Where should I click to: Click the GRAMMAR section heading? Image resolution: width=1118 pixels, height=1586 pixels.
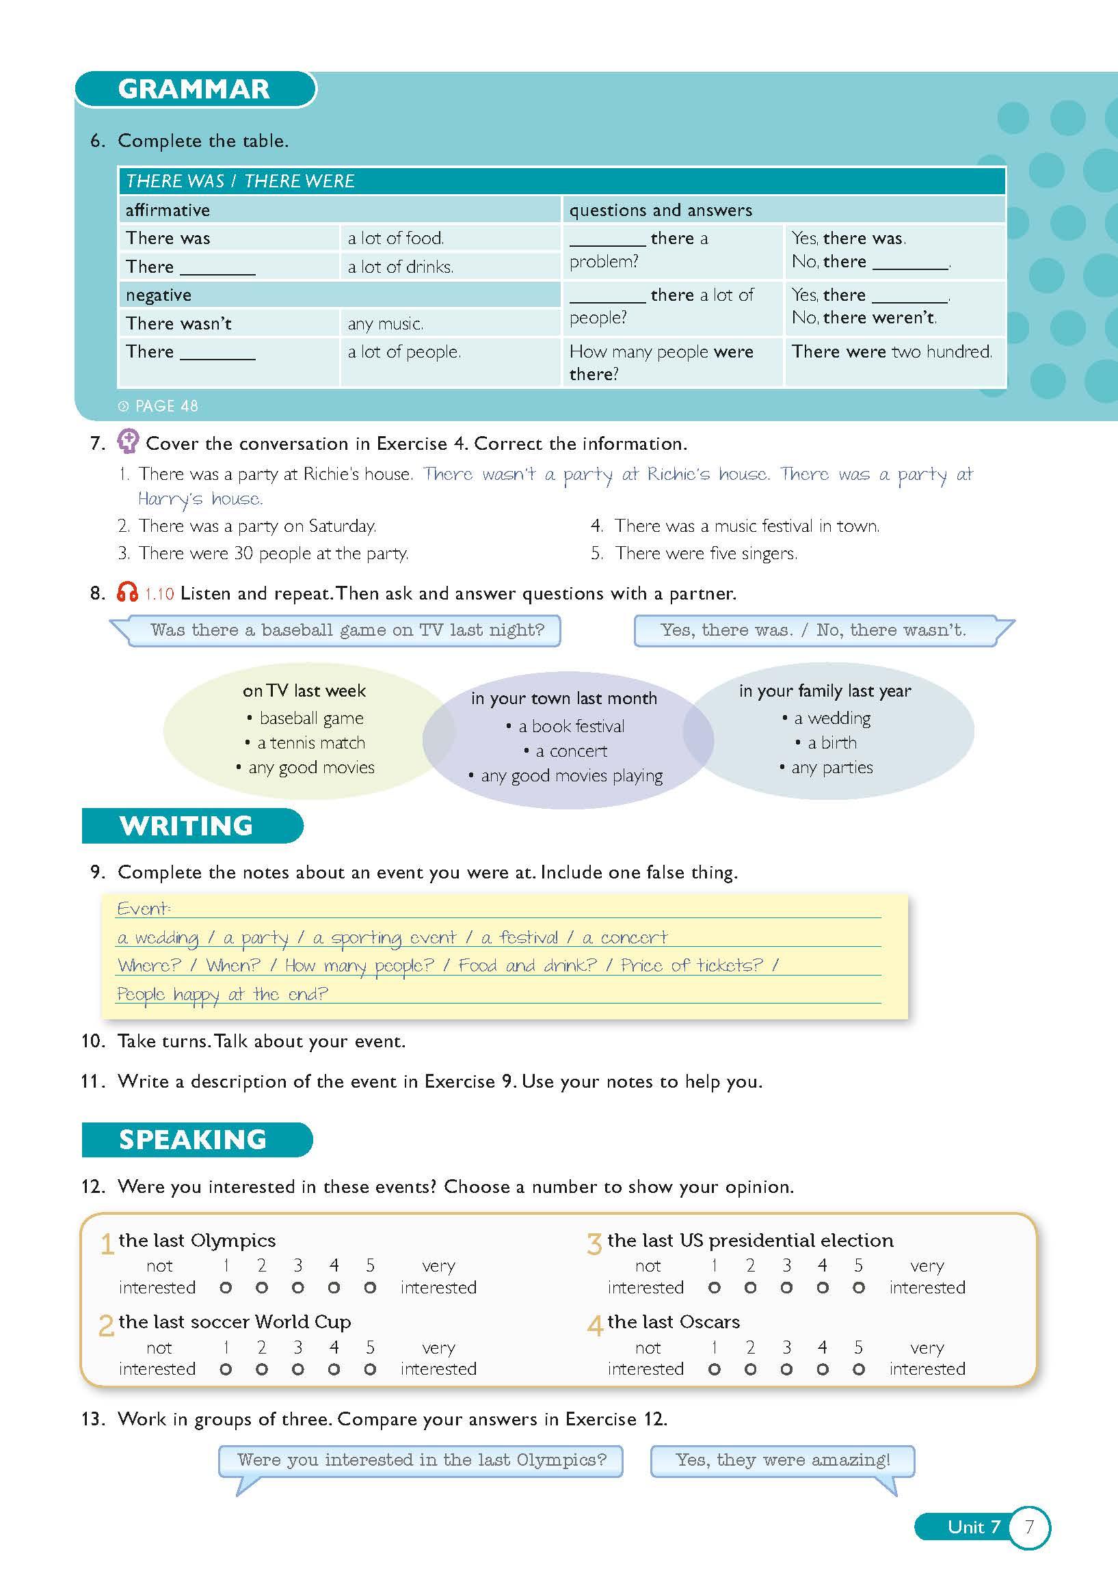tap(194, 89)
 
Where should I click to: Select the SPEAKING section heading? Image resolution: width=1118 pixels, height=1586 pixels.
tap(193, 1139)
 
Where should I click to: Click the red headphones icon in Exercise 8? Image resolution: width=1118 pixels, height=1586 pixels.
tap(127, 593)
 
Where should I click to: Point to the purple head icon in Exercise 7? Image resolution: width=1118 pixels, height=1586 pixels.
tap(129, 442)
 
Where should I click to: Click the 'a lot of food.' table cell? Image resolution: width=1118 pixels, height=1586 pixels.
tap(396, 239)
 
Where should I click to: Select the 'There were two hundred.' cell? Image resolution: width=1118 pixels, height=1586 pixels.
tap(892, 351)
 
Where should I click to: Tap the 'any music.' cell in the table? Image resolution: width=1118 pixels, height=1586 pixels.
tap(385, 323)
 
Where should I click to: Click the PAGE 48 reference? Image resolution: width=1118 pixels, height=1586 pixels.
tap(159, 406)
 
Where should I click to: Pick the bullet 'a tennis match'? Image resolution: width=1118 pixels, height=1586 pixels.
tap(311, 742)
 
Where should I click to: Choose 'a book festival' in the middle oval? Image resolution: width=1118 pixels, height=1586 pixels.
tap(571, 726)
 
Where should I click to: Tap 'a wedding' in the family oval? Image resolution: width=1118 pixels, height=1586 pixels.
tap(832, 718)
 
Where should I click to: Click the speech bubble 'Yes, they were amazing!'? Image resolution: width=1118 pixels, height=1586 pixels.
tap(782, 1460)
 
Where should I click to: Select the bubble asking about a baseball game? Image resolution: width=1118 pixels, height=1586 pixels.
tap(347, 630)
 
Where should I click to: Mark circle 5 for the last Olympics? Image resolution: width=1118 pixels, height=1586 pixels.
tap(371, 1287)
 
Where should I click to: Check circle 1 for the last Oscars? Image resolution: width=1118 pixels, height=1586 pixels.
tap(715, 1369)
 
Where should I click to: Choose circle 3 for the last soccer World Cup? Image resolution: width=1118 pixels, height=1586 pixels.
tap(298, 1369)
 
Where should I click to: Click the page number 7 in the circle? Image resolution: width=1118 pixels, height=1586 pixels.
tap(1029, 1527)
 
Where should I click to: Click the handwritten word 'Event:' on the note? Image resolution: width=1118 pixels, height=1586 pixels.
tap(144, 909)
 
